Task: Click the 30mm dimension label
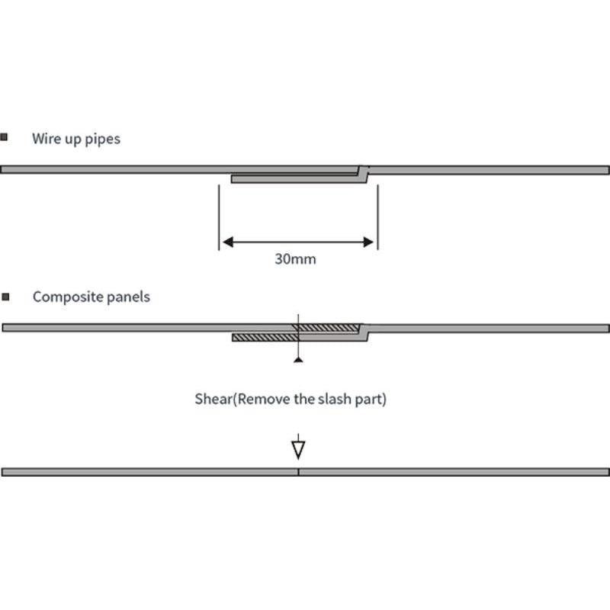295,258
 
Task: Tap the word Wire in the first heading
47,139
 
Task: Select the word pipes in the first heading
103,140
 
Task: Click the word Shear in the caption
211,399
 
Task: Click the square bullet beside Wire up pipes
5,137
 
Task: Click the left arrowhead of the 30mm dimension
226,242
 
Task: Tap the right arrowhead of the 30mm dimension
369,242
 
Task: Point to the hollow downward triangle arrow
298,449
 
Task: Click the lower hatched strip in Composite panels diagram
263,337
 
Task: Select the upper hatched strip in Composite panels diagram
329,328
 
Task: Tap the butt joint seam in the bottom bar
298,472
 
